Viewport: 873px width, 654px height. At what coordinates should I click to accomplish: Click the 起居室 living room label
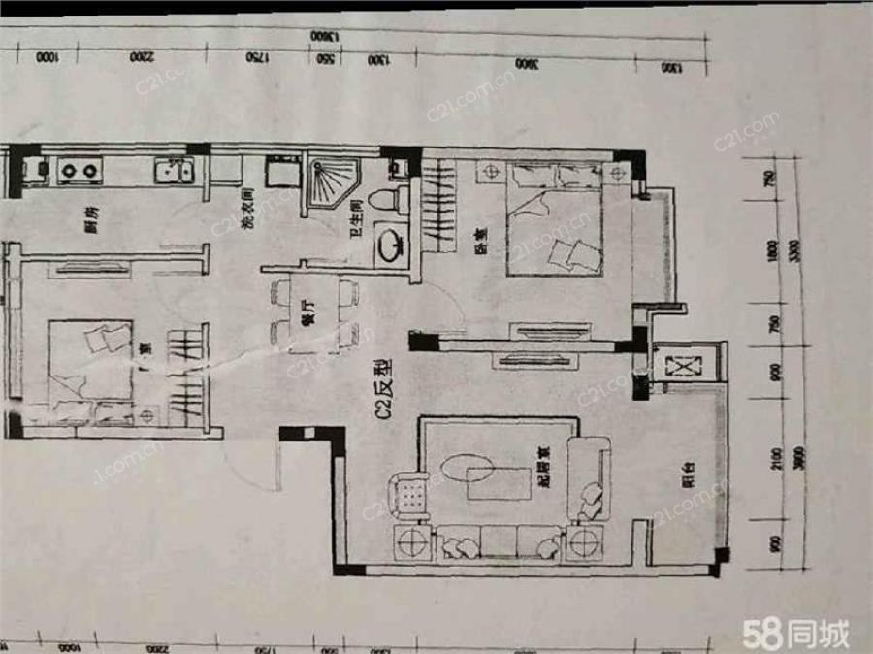pos(548,472)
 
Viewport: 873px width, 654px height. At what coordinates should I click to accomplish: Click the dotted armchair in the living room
pos(408,495)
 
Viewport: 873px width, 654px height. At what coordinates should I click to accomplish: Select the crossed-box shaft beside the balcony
pos(682,368)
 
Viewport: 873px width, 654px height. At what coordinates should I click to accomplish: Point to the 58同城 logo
pos(795,634)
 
